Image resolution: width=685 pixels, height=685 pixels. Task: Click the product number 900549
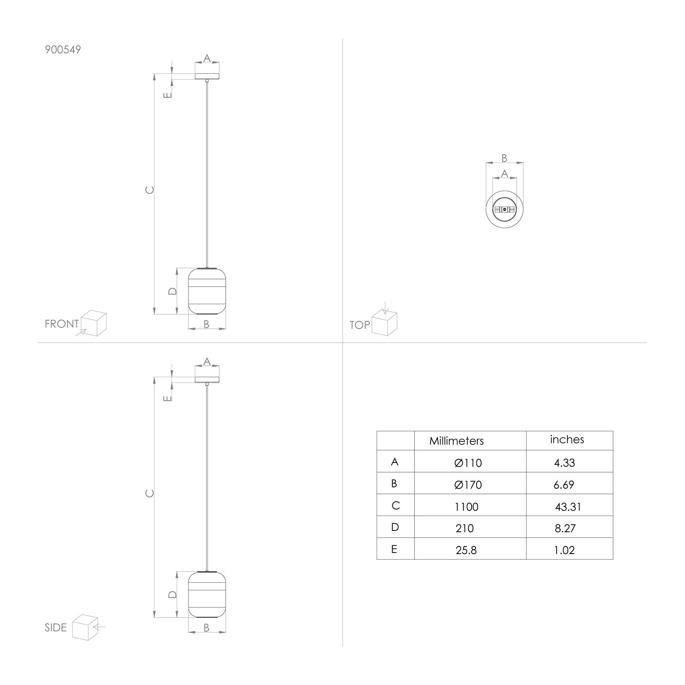pos(63,50)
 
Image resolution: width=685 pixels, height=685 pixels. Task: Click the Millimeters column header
pos(456,441)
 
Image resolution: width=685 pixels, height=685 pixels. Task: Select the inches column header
pos(567,439)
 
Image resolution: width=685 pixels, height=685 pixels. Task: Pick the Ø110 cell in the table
pos(468,463)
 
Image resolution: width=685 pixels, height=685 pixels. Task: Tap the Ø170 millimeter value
pos(468,485)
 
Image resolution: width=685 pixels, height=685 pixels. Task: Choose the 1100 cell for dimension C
pos(466,507)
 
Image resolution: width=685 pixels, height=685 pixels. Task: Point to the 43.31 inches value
pos(568,507)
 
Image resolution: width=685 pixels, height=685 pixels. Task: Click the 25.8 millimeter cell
pos(466,550)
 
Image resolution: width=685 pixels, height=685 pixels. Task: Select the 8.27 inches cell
pos(565,528)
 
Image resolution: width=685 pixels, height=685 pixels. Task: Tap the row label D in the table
pos(395,527)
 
